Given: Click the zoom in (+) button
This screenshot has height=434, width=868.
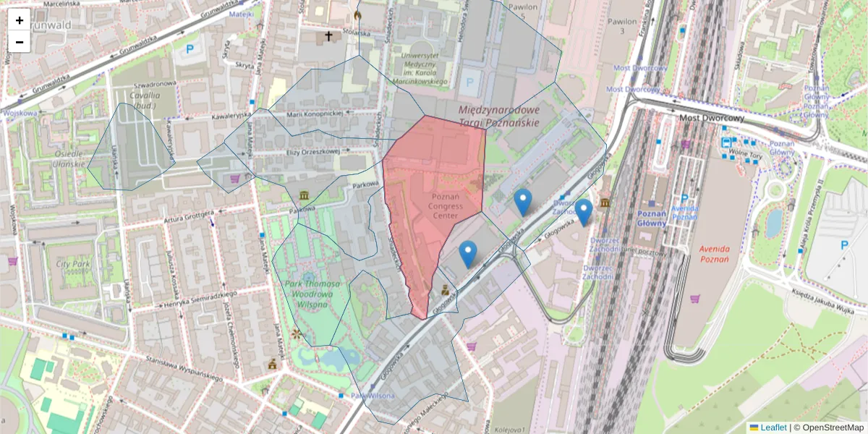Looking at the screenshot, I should point(20,20).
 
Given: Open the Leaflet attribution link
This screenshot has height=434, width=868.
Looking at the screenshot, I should point(773,427).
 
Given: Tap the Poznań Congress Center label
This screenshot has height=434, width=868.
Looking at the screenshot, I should point(445,206).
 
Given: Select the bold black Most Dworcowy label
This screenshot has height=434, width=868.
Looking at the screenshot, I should point(712,118).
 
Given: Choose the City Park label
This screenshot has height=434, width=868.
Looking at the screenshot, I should point(71,264).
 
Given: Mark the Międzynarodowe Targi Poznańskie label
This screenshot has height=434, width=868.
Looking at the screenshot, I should point(499,116).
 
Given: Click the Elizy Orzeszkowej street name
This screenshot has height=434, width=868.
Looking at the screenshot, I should point(313,152).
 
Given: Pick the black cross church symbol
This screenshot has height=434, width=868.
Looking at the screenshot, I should point(328,35).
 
